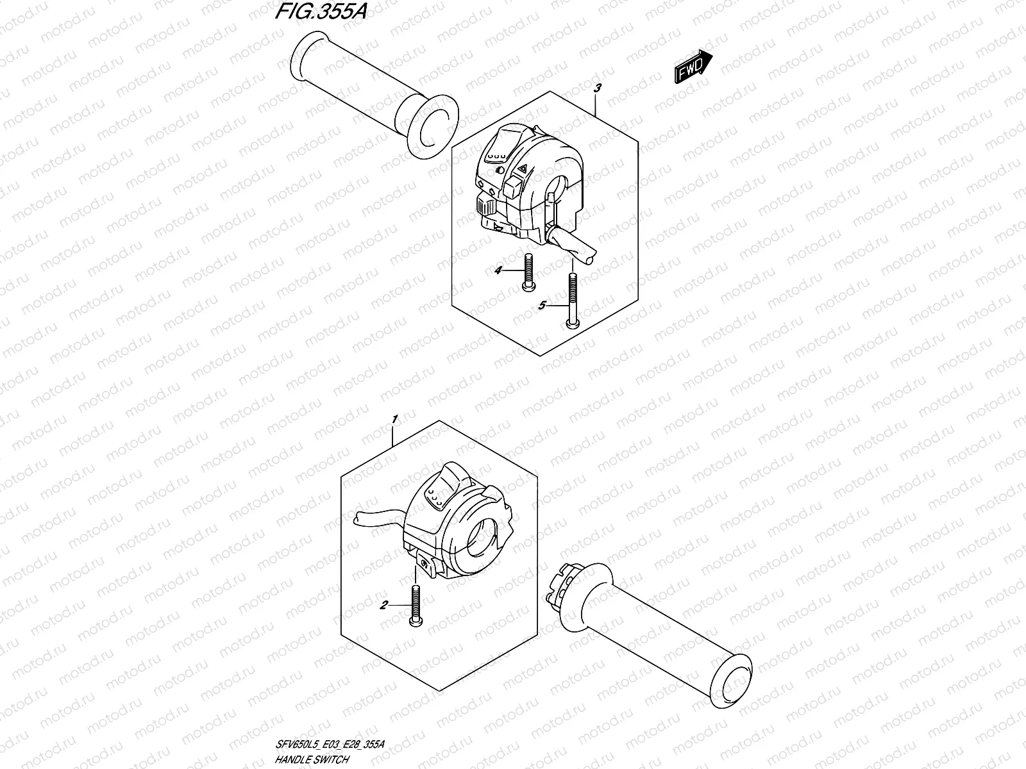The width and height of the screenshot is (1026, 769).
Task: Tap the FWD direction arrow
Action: pyautogui.click(x=693, y=66)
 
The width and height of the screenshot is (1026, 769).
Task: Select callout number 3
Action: pyautogui.click(x=597, y=88)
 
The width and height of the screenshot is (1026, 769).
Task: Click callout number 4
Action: pyautogui.click(x=497, y=271)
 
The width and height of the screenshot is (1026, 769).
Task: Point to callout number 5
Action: pyautogui.click(x=542, y=306)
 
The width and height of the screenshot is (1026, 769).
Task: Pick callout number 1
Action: pyautogui.click(x=395, y=419)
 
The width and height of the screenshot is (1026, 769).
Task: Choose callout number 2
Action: pyautogui.click(x=383, y=604)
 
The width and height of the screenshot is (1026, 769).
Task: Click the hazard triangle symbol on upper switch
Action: pyautogui.click(x=523, y=169)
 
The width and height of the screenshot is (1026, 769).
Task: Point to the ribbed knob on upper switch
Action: pyautogui.click(x=484, y=206)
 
